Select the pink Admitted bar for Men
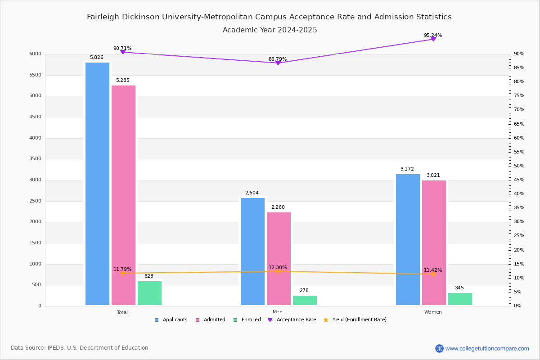click(x=279, y=259)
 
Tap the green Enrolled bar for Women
click(x=460, y=299)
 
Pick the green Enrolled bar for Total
click(x=149, y=293)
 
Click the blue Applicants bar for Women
click(x=408, y=239)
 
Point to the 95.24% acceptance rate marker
click(x=433, y=39)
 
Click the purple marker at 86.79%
click(x=278, y=63)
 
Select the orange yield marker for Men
click(x=278, y=271)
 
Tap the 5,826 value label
click(x=97, y=58)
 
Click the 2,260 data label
click(x=278, y=207)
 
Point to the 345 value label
click(x=459, y=288)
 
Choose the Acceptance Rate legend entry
click(x=292, y=320)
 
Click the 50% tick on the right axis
click(x=519, y=166)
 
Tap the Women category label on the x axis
click(x=433, y=312)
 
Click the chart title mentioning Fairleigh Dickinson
click(x=269, y=17)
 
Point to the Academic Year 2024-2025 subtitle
click(x=270, y=30)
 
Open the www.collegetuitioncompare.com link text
click(x=487, y=348)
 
